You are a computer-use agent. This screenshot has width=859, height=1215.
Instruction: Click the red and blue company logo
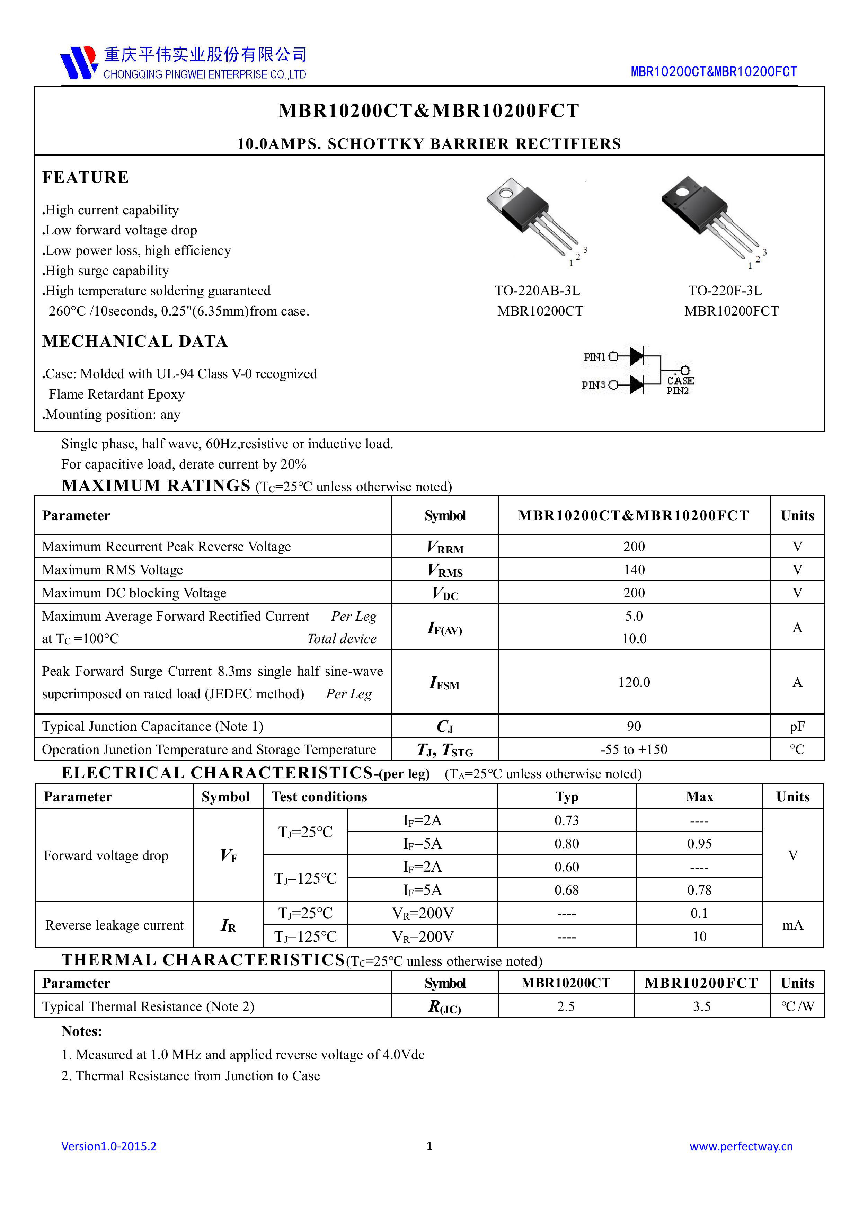(x=79, y=62)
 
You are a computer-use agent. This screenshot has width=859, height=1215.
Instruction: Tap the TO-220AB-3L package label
(x=537, y=291)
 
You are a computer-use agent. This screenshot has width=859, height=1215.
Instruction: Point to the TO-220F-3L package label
(x=725, y=291)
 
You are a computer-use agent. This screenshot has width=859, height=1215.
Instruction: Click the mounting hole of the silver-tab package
(x=506, y=193)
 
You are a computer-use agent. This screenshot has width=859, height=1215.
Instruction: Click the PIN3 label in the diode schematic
(x=593, y=385)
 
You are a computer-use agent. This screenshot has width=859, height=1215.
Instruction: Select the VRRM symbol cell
(x=445, y=547)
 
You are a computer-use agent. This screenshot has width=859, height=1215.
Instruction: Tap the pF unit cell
(x=797, y=727)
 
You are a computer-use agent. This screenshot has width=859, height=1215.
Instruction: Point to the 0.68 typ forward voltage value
(x=566, y=890)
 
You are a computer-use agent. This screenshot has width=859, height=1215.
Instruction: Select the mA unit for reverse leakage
(x=792, y=925)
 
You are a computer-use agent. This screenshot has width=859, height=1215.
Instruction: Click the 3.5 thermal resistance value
(x=701, y=1006)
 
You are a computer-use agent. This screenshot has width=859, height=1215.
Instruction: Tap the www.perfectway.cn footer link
(x=741, y=1146)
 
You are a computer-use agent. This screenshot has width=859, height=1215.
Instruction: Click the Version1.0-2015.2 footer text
(x=109, y=1146)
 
